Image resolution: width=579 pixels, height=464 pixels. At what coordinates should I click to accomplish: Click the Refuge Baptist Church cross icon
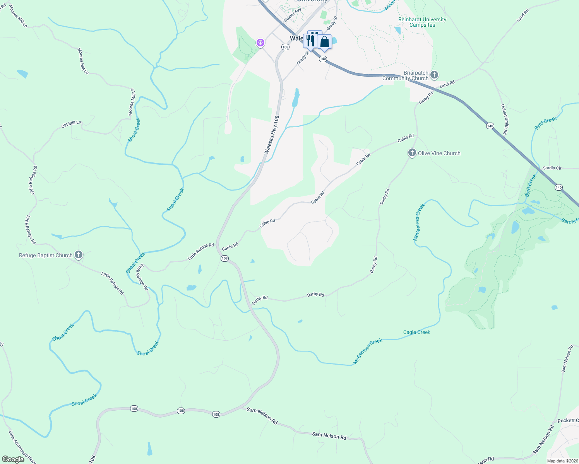pos(79,254)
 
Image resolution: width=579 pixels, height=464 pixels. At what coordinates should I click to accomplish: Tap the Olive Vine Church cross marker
pos(412,153)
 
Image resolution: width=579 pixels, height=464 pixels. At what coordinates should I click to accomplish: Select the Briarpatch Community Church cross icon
pos(434,75)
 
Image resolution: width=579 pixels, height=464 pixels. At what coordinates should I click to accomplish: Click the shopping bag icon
pos(325,42)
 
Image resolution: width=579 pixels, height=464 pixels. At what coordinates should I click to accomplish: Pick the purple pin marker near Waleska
pos(260,42)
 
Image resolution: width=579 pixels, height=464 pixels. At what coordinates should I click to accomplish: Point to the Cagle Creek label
pos(416,332)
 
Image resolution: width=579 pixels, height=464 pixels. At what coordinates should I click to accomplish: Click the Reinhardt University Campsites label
pos(422,22)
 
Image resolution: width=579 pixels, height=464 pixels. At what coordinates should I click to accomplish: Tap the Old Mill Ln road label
pos(71,124)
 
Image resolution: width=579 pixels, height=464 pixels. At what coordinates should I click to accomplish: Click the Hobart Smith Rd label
pos(504,119)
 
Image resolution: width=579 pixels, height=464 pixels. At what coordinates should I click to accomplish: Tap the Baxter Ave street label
pos(292,15)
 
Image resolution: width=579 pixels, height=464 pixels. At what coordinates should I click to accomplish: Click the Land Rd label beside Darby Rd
pos(447,84)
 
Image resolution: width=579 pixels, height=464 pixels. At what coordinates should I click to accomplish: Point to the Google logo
pos(13,459)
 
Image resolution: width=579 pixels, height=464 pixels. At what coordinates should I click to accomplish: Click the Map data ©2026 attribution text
pos(562,461)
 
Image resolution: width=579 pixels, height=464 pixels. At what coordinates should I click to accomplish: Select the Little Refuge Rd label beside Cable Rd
pos(200,251)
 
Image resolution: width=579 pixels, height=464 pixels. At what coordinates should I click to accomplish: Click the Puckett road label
pos(568,420)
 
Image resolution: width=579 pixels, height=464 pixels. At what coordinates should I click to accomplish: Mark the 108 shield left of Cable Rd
pos(224,258)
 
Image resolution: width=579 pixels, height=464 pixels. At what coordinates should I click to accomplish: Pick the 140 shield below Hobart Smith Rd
pos(490,126)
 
